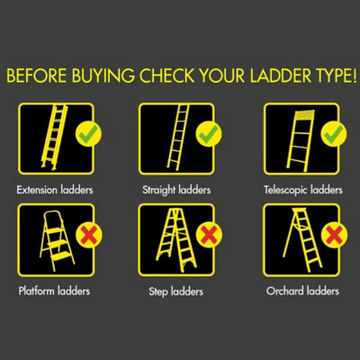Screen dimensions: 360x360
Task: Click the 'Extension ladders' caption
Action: pos(56,192)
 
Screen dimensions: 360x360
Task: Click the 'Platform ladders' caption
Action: pos(56,292)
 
